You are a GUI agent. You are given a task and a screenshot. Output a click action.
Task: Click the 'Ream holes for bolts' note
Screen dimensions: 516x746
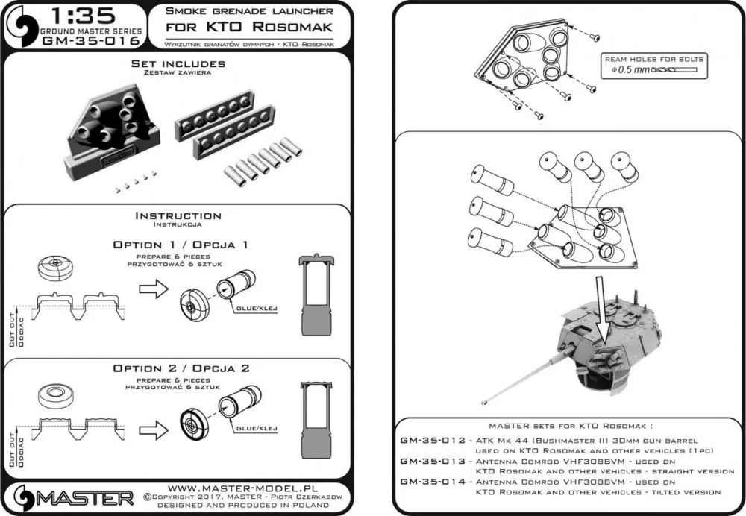click(654, 60)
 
